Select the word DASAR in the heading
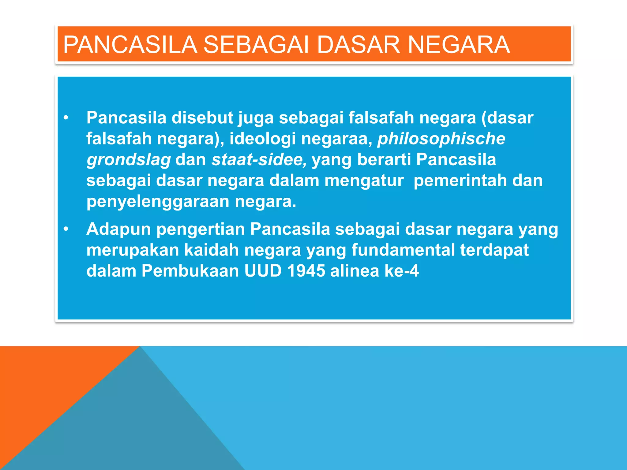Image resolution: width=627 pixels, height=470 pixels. click(x=358, y=45)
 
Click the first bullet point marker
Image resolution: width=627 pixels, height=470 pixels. click(x=66, y=118)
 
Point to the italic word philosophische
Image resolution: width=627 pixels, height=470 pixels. click(x=441, y=139)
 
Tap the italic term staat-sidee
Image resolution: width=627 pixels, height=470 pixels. click(x=259, y=160)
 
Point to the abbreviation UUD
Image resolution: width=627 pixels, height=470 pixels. click(x=263, y=271)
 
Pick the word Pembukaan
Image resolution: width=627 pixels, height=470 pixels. click(x=190, y=271)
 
